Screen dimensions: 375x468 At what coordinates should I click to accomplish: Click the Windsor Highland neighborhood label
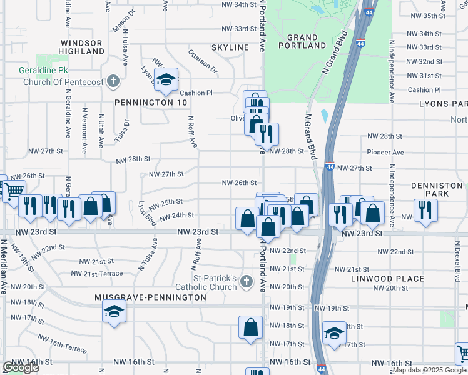pyautogui.click(x=81, y=47)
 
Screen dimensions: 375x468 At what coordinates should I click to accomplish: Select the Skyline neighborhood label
pyautogui.click(x=230, y=47)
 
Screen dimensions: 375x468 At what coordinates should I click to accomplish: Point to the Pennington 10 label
pyautogui.click(x=142, y=102)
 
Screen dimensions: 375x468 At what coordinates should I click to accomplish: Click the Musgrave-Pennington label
pyautogui.click(x=151, y=297)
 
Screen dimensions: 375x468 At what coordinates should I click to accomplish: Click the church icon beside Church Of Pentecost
pyautogui.click(x=113, y=81)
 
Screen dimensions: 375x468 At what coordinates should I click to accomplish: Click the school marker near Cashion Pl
pyautogui.click(x=166, y=80)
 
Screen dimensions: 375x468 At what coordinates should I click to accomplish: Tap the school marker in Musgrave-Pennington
pyautogui.click(x=114, y=311)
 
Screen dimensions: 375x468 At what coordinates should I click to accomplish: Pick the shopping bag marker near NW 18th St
pyautogui.click(x=250, y=327)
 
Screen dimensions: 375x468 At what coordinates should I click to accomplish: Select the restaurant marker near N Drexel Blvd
pyautogui.click(x=425, y=210)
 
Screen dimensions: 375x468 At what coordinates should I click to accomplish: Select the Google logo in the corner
pyautogui.click(x=21, y=367)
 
